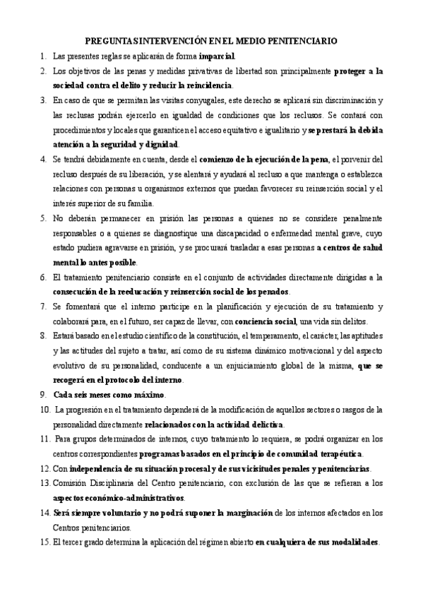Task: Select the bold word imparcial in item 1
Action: (x=217, y=56)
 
